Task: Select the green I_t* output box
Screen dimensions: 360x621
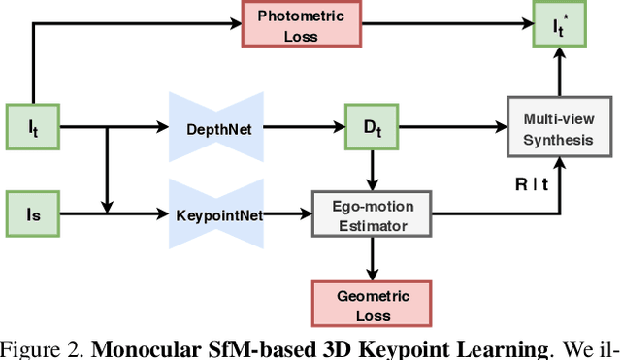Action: coord(561,23)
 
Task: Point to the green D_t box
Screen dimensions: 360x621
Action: coord(372,126)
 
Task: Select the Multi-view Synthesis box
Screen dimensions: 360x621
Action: coord(561,126)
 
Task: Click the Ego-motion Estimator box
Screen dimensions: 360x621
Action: coord(372,213)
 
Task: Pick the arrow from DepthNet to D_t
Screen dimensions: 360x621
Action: coord(306,126)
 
